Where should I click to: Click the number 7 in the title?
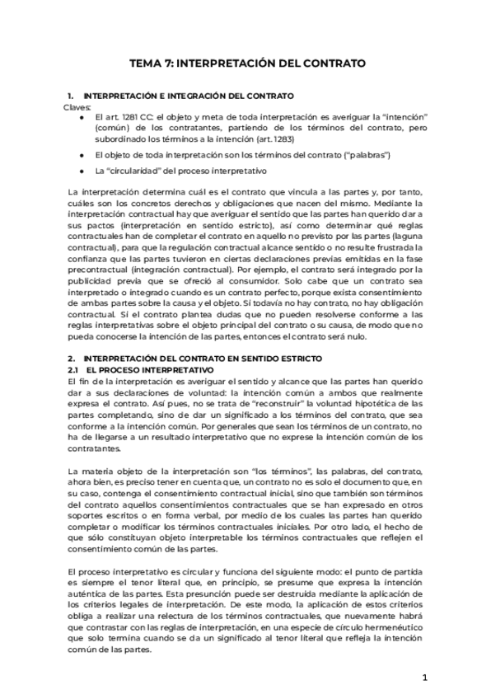(167, 63)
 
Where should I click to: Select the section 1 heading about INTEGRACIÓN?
(189, 96)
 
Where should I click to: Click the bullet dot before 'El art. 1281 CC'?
(82, 118)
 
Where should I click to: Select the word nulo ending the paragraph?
(371, 336)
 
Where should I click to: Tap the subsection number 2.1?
(72, 370)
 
